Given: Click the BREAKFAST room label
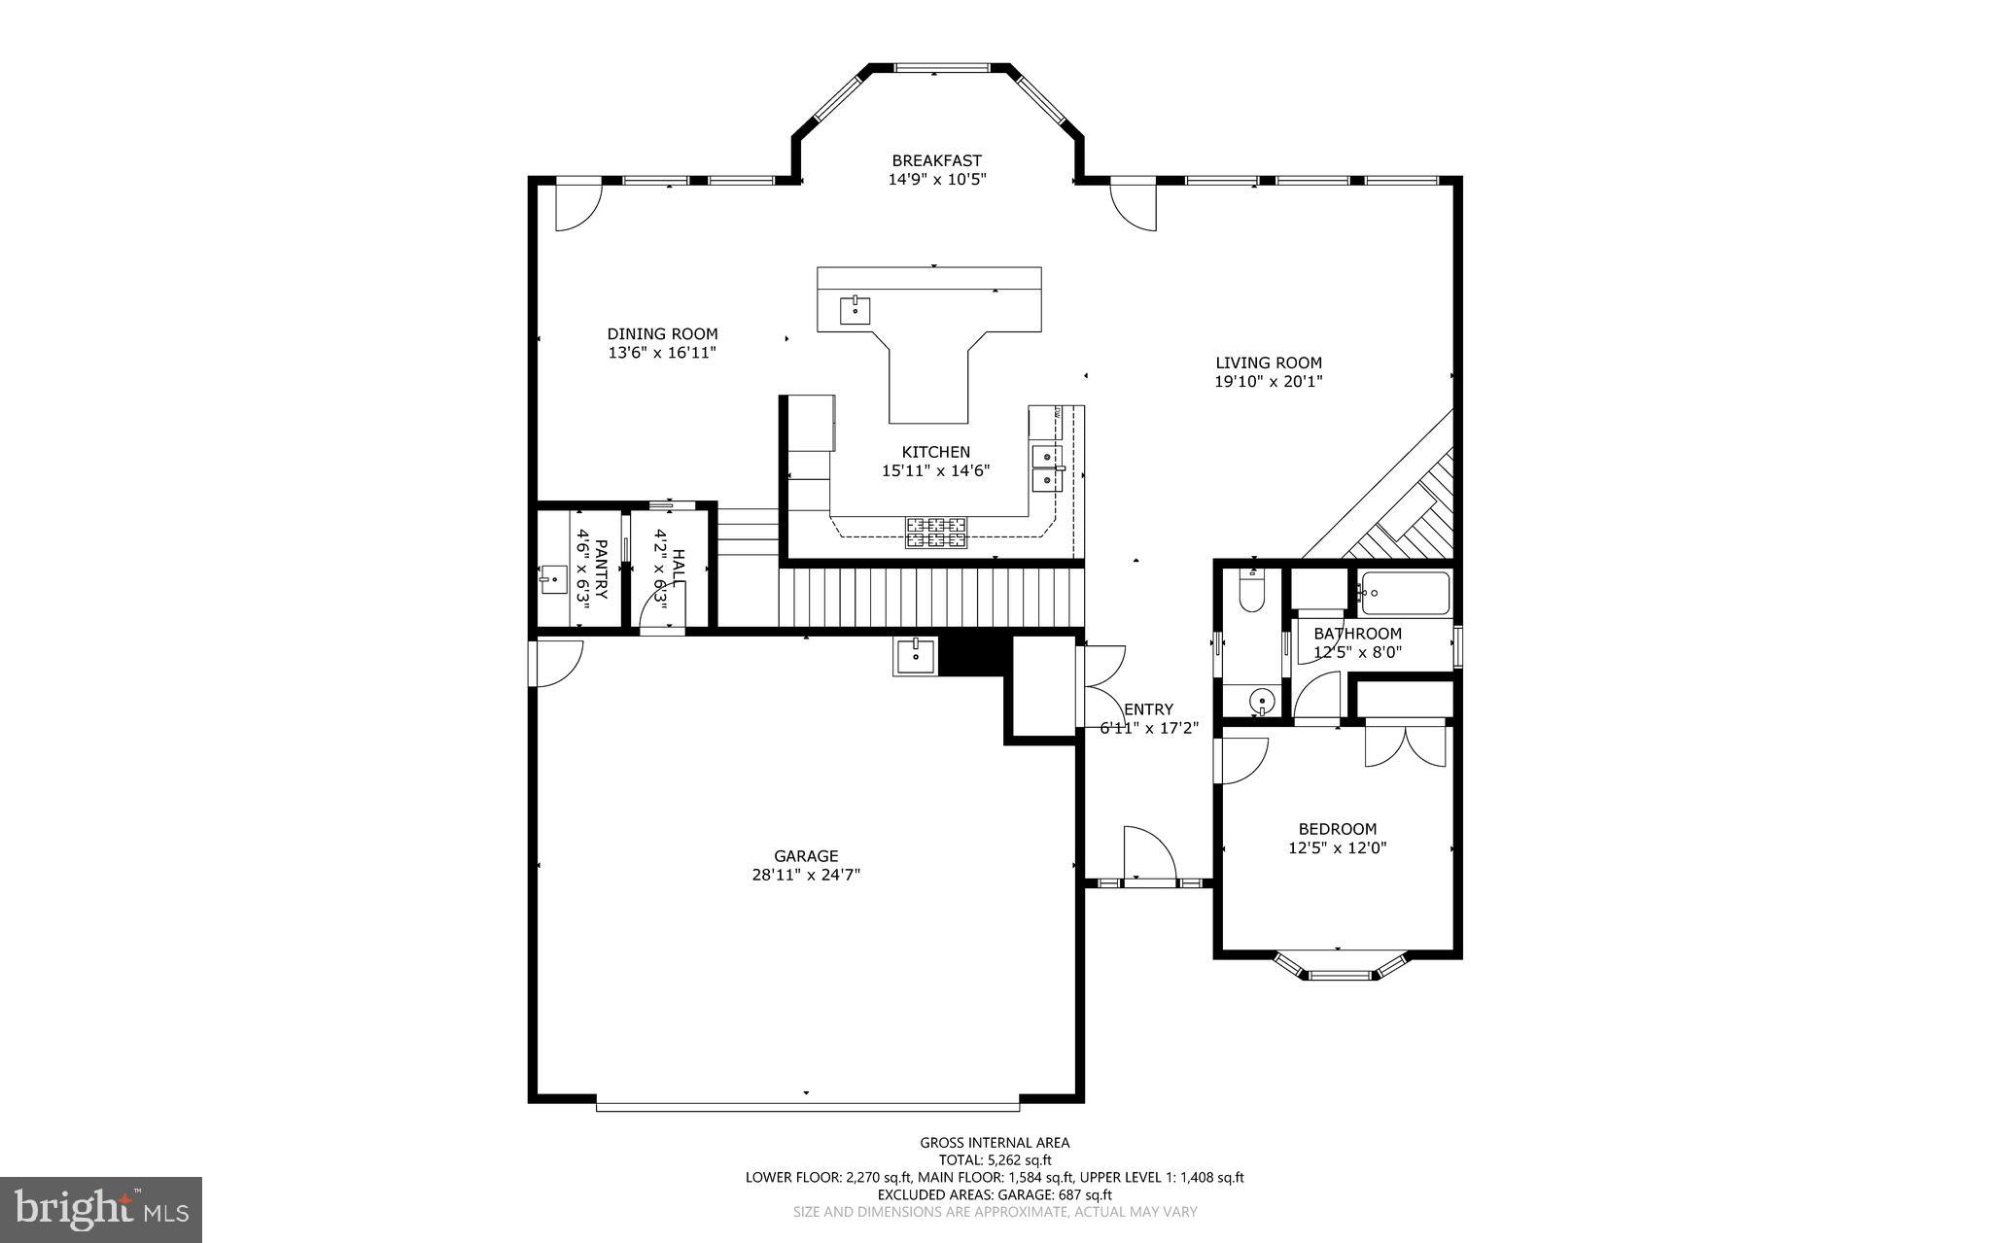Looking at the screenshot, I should [936, 160].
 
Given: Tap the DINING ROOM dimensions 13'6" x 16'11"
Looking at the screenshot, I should [662, 353].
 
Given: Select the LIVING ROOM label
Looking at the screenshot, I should [1269, 363].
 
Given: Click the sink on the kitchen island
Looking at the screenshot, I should [855, 311].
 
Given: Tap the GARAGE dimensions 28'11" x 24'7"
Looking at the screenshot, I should [805, 875].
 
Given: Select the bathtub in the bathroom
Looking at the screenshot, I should [1406, 592].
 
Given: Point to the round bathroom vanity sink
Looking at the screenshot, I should [1261, 699].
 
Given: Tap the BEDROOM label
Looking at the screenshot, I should [1338, 829].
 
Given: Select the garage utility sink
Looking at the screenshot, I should [915, 656].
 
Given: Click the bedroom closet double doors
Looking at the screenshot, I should [1406, 744].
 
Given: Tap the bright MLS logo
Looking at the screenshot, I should [101, 1209].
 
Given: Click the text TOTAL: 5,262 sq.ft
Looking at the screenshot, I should [995, 1159].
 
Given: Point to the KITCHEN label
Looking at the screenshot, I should [935, 452].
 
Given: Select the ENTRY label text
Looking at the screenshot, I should [1148, 709].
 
